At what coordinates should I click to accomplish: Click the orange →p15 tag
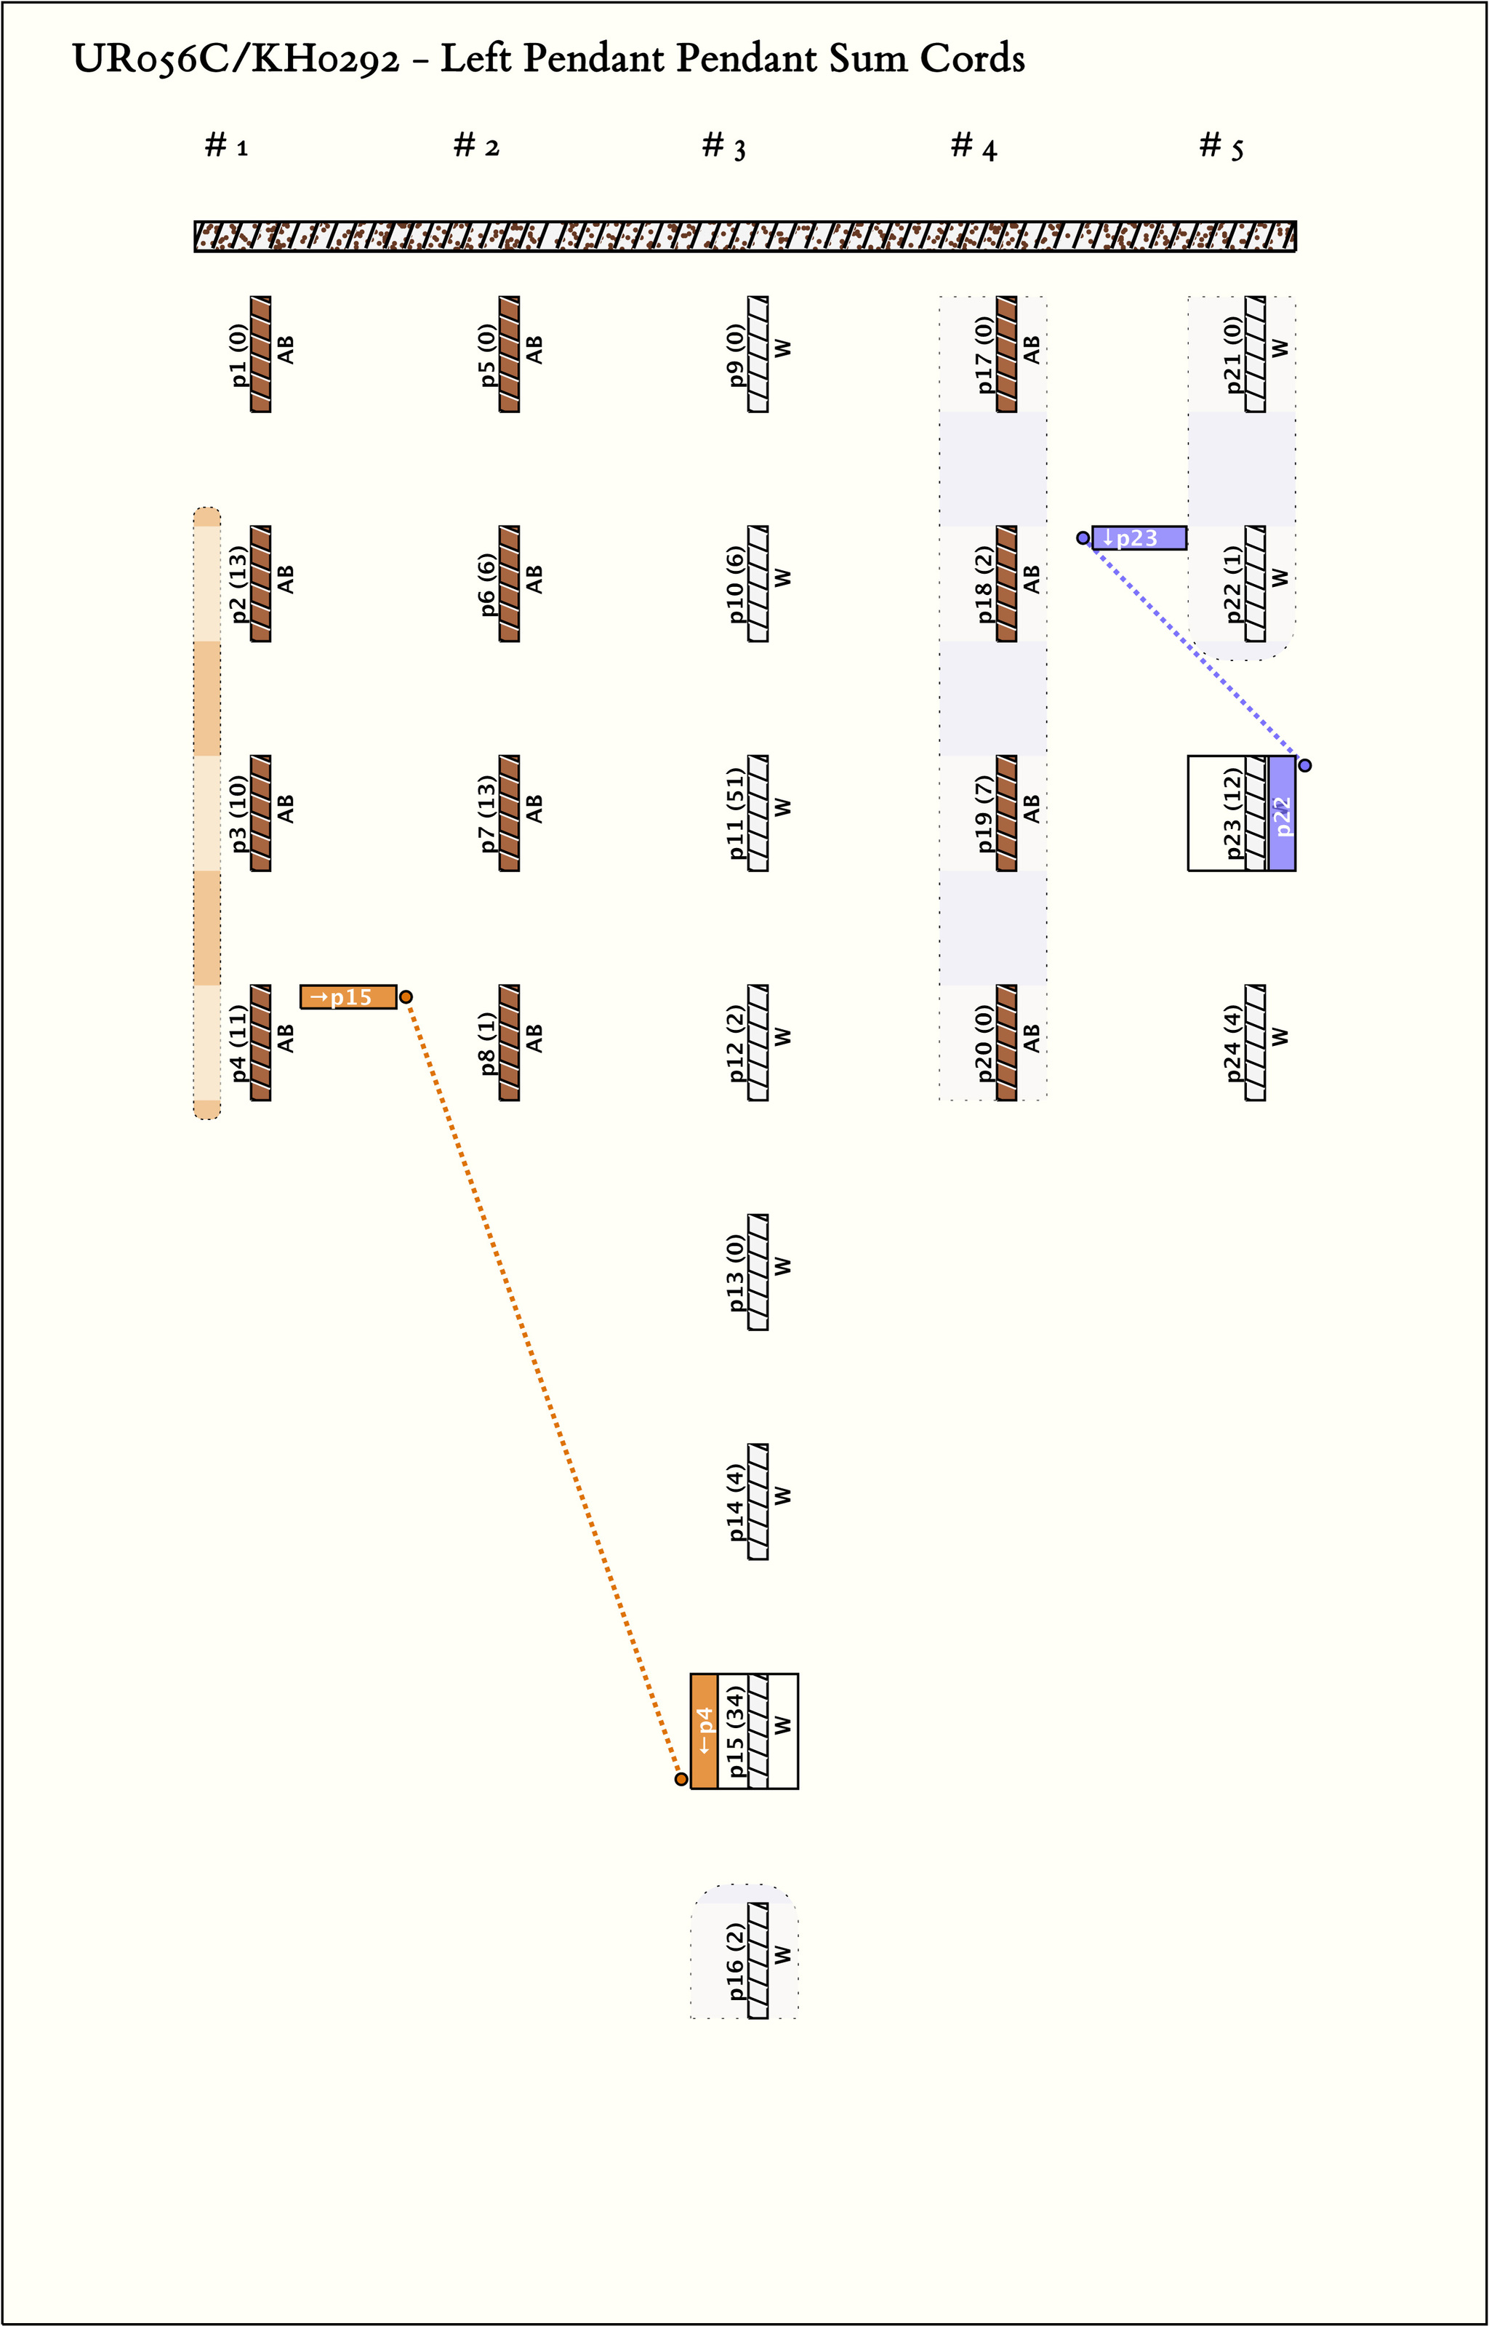click(348, 996)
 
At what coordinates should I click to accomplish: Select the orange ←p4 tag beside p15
click(704, 1731)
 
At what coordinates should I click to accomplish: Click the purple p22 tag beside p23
click(1282, 813)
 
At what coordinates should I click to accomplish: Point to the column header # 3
click(723, 146)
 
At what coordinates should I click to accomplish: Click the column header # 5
click(1221, 146)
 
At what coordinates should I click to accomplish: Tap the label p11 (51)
click(736, 813)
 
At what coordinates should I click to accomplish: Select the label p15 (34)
click(736, 1731)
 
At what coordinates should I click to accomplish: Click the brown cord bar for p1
click(261, 354)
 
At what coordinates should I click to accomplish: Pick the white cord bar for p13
click(759, 1272)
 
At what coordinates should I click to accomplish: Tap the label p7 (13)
click(487, 813)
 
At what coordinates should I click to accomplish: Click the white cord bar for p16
click(759, 1960)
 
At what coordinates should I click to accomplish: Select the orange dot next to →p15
click(406, 996)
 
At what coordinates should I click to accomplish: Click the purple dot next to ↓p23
click(1083, 537)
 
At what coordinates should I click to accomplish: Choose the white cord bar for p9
click(759, 354)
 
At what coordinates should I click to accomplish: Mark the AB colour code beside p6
click(534, 580)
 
